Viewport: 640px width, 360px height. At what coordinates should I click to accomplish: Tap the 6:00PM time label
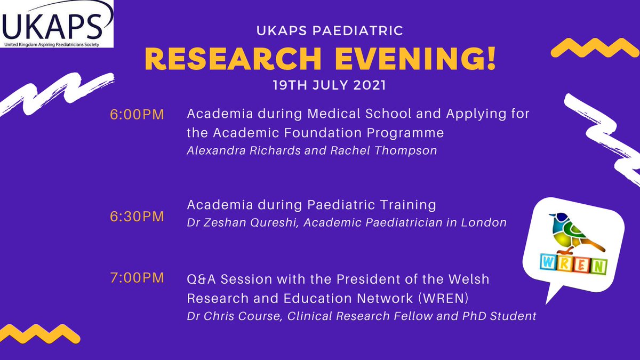(137, 115)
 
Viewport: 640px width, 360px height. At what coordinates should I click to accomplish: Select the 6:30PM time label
(137, 217)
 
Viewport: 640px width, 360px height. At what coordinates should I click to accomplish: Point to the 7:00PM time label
(137, 278)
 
